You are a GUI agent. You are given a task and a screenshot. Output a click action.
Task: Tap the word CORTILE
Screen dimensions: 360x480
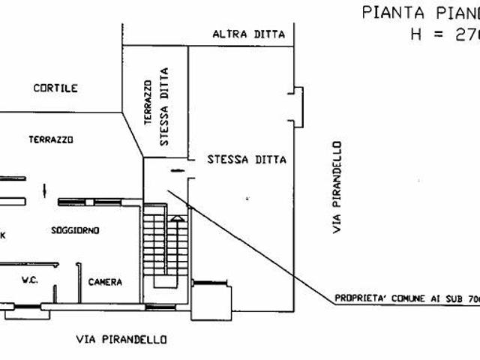point(55,88)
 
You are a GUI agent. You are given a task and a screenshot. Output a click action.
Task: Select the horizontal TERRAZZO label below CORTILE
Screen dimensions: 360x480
point(51,139)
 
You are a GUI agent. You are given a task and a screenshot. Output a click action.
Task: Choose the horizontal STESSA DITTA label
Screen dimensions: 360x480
point(237,160)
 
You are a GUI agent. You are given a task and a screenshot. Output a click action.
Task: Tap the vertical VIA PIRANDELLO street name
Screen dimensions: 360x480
point(339,187)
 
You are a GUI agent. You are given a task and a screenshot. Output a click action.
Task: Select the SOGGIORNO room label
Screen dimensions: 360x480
point(76,229)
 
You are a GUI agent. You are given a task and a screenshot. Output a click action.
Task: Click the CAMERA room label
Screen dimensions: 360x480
point(105,282)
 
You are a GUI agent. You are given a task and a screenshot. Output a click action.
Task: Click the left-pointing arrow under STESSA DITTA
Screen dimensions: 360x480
point(176,171)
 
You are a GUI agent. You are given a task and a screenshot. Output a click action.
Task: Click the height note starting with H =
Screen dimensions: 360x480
point(443,34)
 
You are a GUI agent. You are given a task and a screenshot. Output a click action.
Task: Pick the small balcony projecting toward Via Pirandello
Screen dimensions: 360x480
point(298,106)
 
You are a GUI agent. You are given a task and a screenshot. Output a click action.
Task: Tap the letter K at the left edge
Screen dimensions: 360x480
point(3,235)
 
